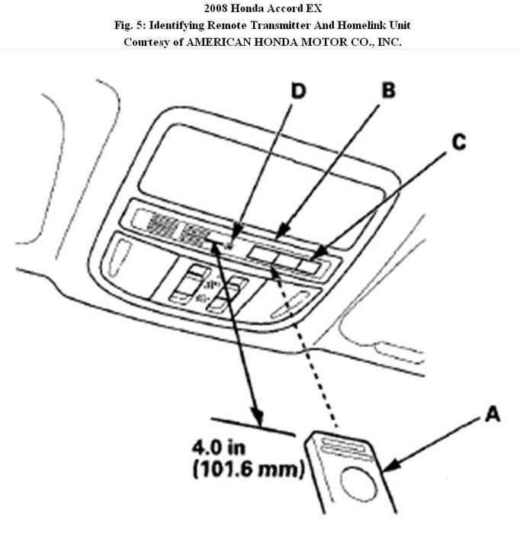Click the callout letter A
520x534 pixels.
click(x=493, y=416)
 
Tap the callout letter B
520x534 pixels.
click(x=388, y=91)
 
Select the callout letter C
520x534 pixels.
click(x=458, y=143)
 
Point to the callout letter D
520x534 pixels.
click(x=298, y=92)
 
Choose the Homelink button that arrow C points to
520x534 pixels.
click(x=311, y=265)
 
